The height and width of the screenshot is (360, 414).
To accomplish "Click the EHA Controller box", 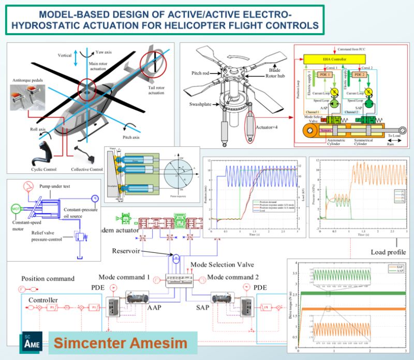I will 338,59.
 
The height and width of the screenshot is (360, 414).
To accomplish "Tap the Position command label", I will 48,278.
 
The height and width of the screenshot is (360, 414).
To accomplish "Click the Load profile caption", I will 388,252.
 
